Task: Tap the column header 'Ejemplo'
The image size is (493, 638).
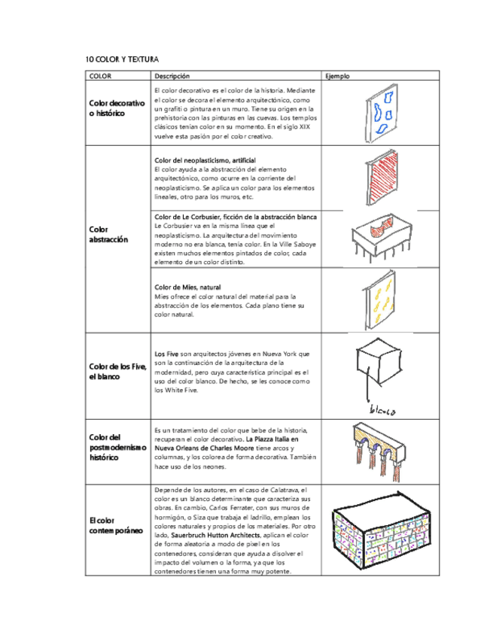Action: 336,76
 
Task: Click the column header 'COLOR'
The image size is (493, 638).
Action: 100,76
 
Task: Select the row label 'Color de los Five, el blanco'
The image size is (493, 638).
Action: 117,371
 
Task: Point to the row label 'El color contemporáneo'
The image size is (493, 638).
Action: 111,526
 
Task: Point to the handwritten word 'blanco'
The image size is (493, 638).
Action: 383,412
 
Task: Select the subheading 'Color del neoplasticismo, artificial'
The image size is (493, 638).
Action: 205,161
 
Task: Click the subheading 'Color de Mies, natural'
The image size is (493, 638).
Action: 187,287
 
